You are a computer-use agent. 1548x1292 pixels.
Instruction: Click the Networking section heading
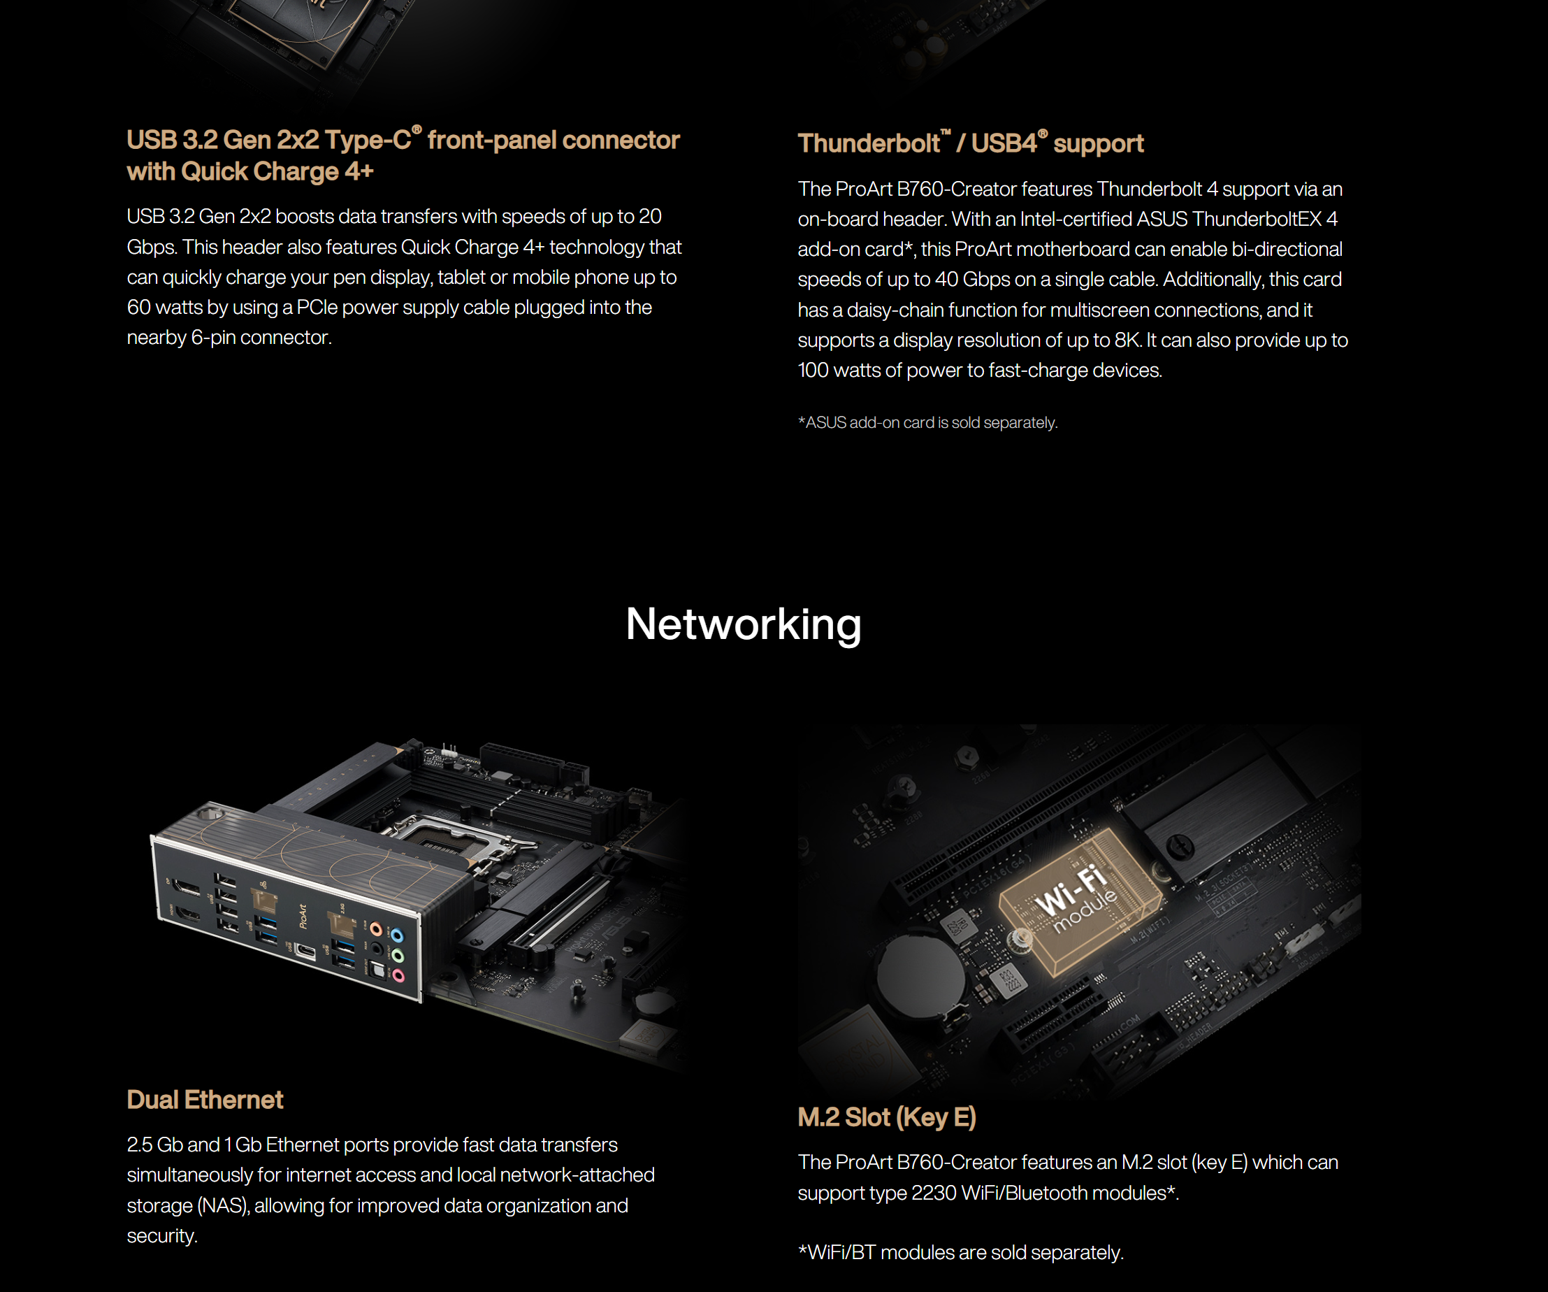click(743, 624)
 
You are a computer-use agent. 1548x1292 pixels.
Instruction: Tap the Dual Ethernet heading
click(205, 1100)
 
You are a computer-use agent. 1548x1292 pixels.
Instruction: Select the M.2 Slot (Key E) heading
click(886, 1117)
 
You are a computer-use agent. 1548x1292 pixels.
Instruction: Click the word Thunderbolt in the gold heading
click(869, 143)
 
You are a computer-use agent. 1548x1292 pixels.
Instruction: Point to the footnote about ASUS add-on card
click(927, 422)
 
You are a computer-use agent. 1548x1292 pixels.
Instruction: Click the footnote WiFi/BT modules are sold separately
click(960, 1252)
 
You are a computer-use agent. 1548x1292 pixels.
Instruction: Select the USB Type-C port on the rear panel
click(305, 952)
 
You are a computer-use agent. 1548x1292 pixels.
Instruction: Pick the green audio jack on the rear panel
click(398, 956)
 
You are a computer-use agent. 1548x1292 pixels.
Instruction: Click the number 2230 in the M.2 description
click(933, 1193)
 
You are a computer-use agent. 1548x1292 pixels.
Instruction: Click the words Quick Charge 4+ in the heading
click(277, 172)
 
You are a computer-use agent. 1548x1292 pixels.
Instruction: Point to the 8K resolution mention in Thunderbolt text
click(1127, 340)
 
